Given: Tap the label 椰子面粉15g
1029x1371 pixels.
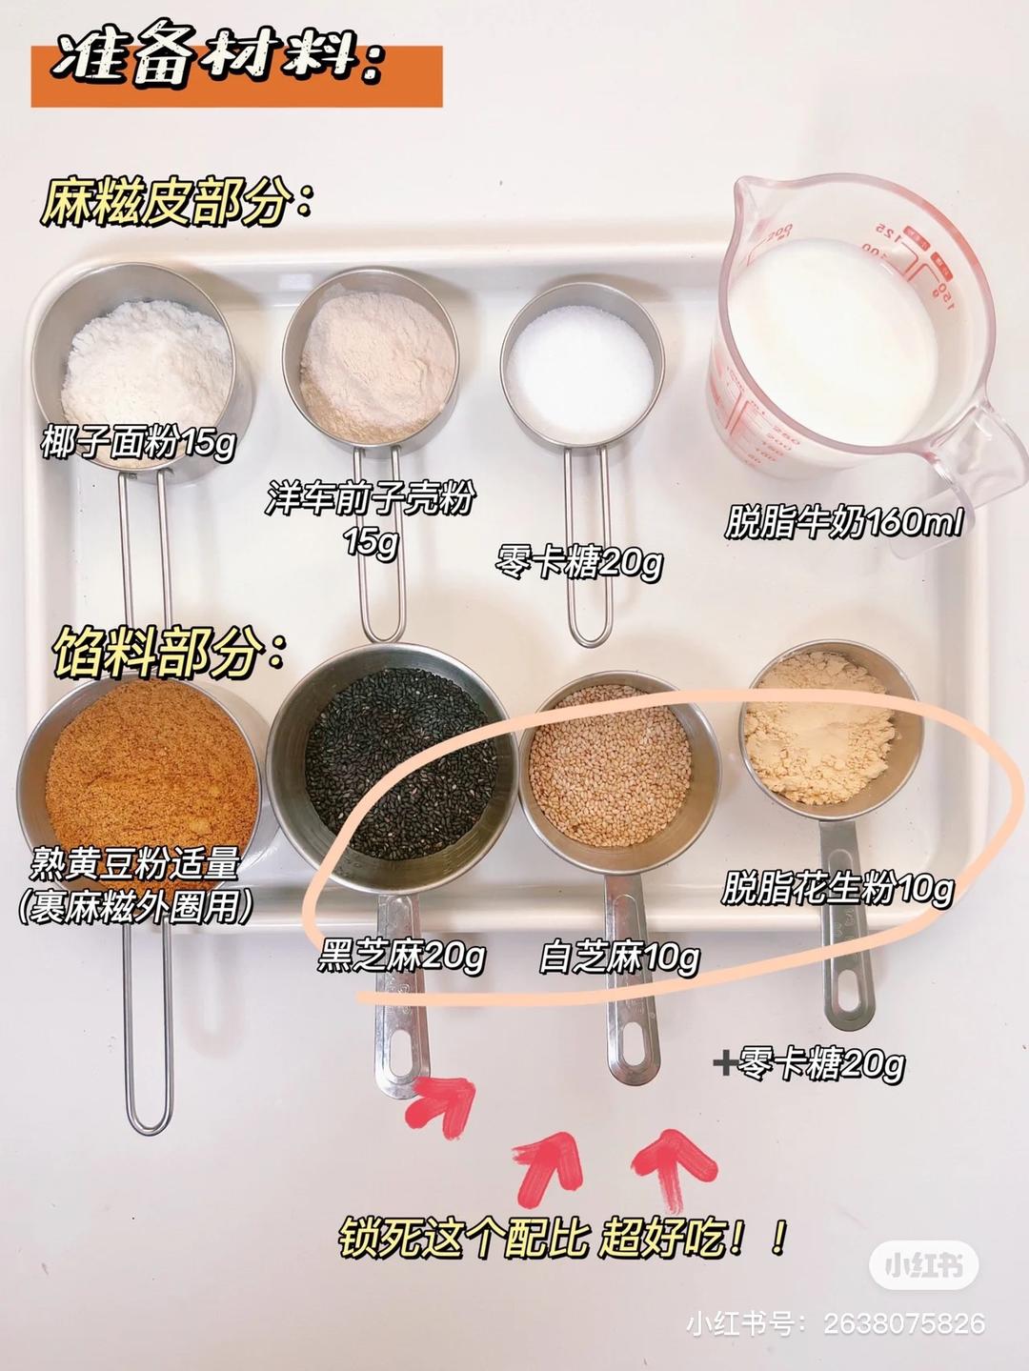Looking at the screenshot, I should [137, 443].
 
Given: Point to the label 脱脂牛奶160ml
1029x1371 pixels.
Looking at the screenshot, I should [844, 523].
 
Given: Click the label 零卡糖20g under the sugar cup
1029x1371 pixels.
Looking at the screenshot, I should [579, 563].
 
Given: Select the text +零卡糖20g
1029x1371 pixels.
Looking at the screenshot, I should [809, 1063].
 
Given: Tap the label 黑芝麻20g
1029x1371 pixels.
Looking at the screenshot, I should [401, 956].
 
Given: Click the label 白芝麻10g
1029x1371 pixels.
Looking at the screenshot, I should [620, 957].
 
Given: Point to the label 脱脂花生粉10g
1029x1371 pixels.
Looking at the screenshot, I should [837, 889].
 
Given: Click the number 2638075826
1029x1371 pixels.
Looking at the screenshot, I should [903, 1323].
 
